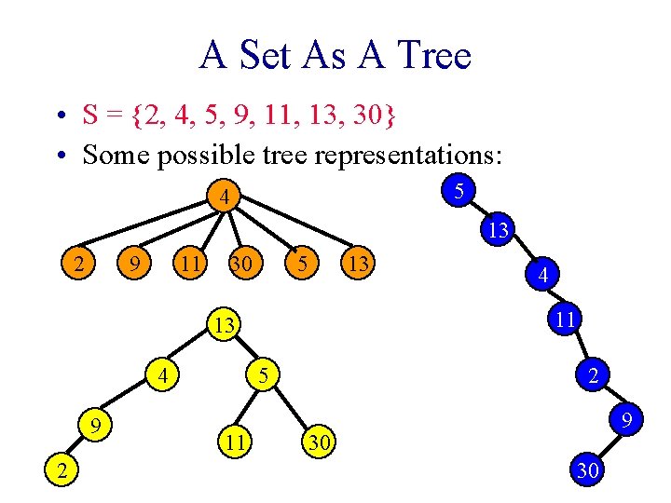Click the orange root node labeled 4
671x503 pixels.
tap(226, 197)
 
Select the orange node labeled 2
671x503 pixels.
tap(81, 265)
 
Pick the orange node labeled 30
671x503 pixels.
tap(241, 265)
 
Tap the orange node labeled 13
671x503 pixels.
tap(357, 265)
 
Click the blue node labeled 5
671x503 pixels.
tap(459, 191)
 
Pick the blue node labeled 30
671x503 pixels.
tap(588, 470)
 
